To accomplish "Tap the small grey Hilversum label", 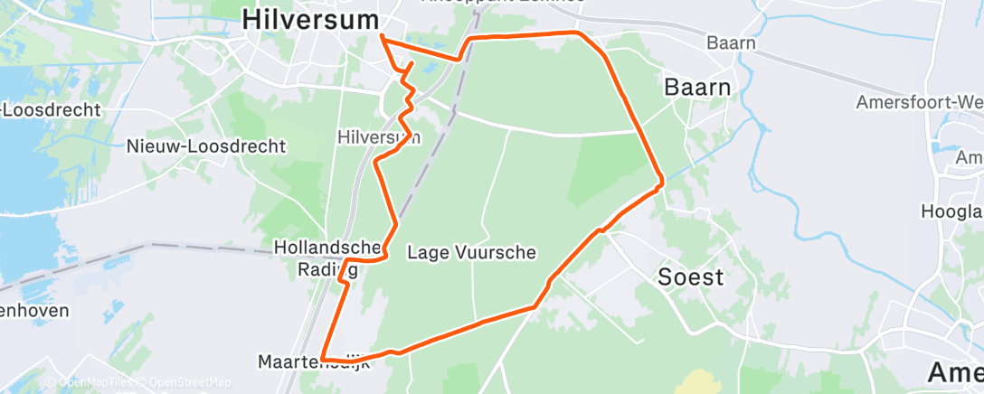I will [x=379, y=137].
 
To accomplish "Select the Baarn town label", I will [x=696, y=87].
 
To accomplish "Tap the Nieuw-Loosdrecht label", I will [x=206, y=145].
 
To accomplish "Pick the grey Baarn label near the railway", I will [x=731, y=42].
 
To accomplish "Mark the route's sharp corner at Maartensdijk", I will [x=323, y=361].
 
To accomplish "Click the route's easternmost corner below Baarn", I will [x=662, y=182].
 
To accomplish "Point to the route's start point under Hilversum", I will [x=382, y=37].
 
